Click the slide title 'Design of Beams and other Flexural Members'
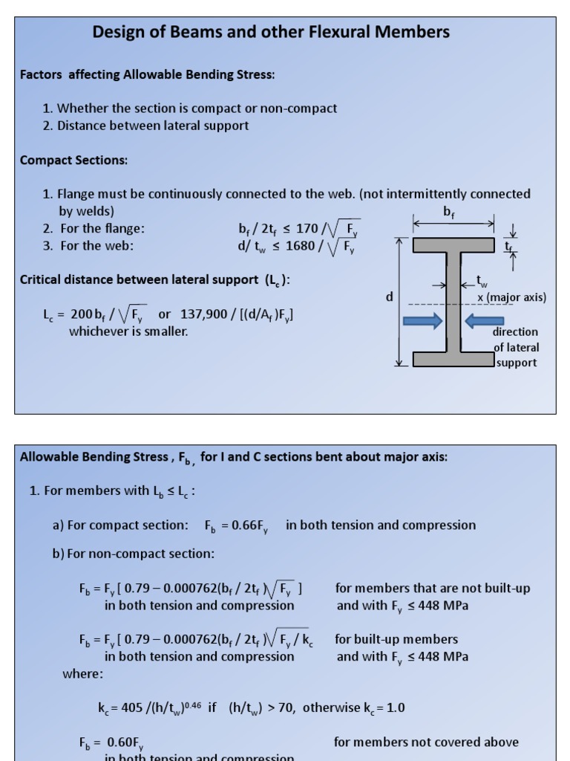tap(271, 32)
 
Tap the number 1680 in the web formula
tap(299, 246)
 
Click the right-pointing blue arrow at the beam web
tap(422, 321)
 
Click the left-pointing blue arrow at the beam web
tap(484, 321)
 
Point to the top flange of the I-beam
tap(453, 245)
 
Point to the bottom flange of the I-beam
tap(453, 359)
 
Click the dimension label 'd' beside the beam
tap(390, 297)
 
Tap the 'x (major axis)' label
tap(512, 297)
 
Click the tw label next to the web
tap(482, 282)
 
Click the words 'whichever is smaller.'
tap(128, 331)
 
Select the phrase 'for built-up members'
tap(396, 639)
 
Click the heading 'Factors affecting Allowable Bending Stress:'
tap(147, 74)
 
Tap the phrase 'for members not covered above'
tap(426, 742)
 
